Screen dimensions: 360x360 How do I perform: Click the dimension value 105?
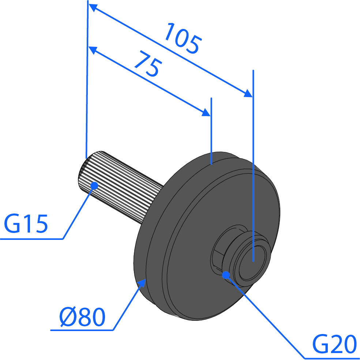(x=183, y=38)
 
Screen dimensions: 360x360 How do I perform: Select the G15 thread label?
(x=26, y=223)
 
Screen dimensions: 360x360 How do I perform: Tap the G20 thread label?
(x=334, y=344)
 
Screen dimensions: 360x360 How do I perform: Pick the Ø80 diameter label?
(x=82, y=317)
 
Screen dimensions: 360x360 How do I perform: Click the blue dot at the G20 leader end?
(x=226, y=275)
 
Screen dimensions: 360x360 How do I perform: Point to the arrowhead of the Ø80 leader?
(x=143, y=282)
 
